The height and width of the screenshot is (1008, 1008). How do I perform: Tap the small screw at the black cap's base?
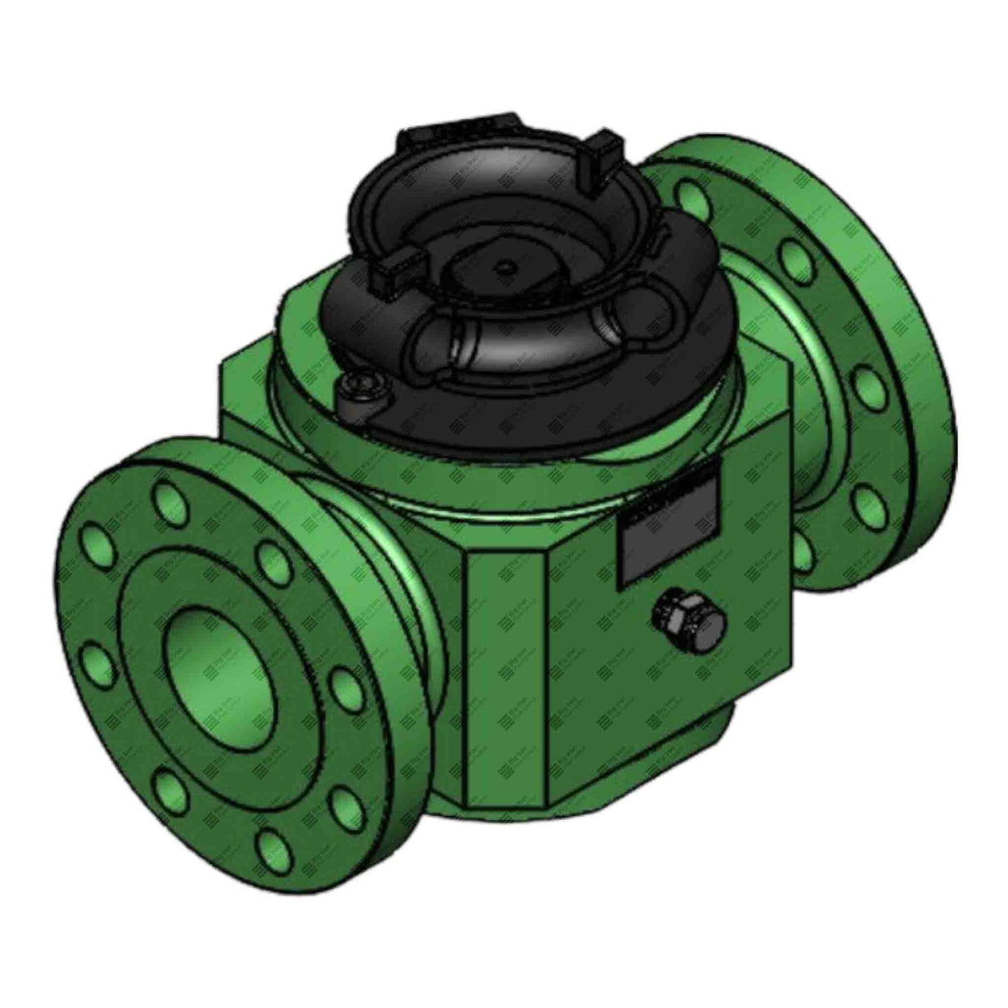[x=361, y=389]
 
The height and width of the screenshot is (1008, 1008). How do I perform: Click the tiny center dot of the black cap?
[x=504, y=268]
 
